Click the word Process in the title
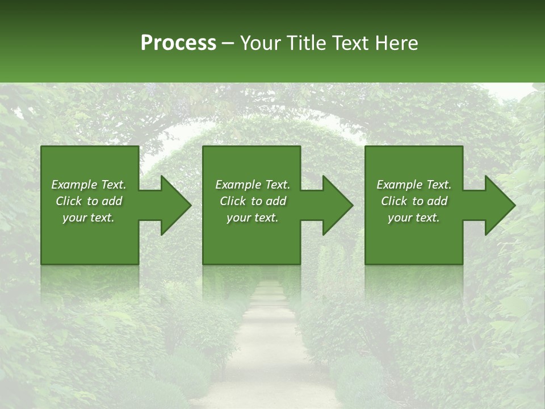click(178, 43)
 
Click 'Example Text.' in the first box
click(89, 185)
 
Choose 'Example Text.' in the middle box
click(253, 185)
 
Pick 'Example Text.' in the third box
click(414, 185)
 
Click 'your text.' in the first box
click(89, 218)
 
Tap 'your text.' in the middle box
click(253, 218)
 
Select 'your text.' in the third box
click(414, 218)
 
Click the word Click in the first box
click(68, 201)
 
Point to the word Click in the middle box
click(232, 201)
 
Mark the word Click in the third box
click(393, 201)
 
